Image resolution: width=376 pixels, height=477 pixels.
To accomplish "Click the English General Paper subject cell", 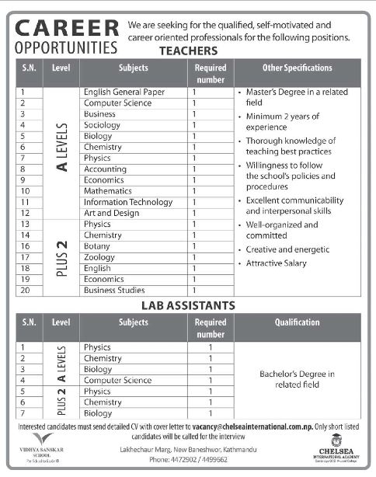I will click(x=124, y=92).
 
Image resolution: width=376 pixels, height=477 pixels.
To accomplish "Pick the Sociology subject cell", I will click(x=102, y=124).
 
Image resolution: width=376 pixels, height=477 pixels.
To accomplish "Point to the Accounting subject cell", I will click(x=105, y=169).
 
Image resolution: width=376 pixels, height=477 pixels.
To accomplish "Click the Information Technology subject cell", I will click(x=128, y=202).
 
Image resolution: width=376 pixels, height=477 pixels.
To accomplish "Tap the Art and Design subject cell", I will click(x=111, y=213).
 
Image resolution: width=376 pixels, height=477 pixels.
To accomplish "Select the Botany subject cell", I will click(x=97, y=245).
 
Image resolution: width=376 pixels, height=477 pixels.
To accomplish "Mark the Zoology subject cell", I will click(x=99, y=256).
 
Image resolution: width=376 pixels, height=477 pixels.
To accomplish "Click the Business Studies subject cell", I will click(x=114, y=290).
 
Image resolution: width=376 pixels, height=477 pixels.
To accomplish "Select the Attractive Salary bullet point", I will click(x=277, y=263).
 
